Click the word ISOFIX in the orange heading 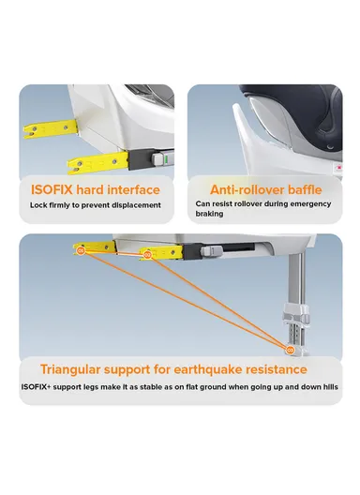[52, 190]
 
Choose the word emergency [310, 204]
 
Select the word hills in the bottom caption [329, 386]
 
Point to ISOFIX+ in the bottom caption [36, 386]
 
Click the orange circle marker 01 [81, 251]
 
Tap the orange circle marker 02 [147, 254]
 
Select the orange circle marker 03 [290, 350]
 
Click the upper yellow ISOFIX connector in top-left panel [51, 128]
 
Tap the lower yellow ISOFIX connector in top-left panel [98, 163]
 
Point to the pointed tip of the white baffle [234, 106]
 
